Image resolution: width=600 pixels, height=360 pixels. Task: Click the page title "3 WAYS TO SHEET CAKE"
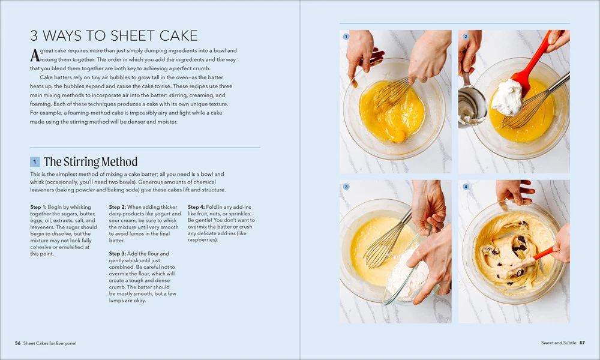click(x=114, y=35)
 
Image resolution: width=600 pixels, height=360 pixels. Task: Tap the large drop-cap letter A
click(x=35, y=55)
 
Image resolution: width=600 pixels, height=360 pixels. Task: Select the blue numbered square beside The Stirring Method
click(x=35, y=162)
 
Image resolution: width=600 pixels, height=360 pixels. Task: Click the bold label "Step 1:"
click(x=38, y=207)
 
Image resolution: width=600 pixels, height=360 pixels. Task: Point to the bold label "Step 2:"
click(x=118, y=207)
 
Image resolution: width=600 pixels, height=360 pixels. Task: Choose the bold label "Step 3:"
click(x=118, y=254)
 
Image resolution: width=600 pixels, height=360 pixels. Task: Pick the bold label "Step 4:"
click(x=196, y=207)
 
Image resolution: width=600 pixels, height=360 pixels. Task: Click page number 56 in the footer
click(x=17, y=343)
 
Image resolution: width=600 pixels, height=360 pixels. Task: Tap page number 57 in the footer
click(x=582, y=343)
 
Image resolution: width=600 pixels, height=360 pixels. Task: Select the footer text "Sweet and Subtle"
click(x=558, y=343)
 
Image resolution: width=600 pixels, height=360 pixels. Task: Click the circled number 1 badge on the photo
click(x=346, y=37)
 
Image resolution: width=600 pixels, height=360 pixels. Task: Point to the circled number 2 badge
click(x=466, y=37)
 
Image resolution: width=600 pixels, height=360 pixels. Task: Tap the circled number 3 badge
click(x=346, y=187)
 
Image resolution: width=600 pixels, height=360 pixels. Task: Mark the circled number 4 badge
click(x=466, y=187)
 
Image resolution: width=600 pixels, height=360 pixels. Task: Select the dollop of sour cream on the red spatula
click(x=507, y=98)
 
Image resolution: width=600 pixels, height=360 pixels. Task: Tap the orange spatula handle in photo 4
click(x=544, y=253)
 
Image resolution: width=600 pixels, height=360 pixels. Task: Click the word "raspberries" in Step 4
click(x=203, y=240)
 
